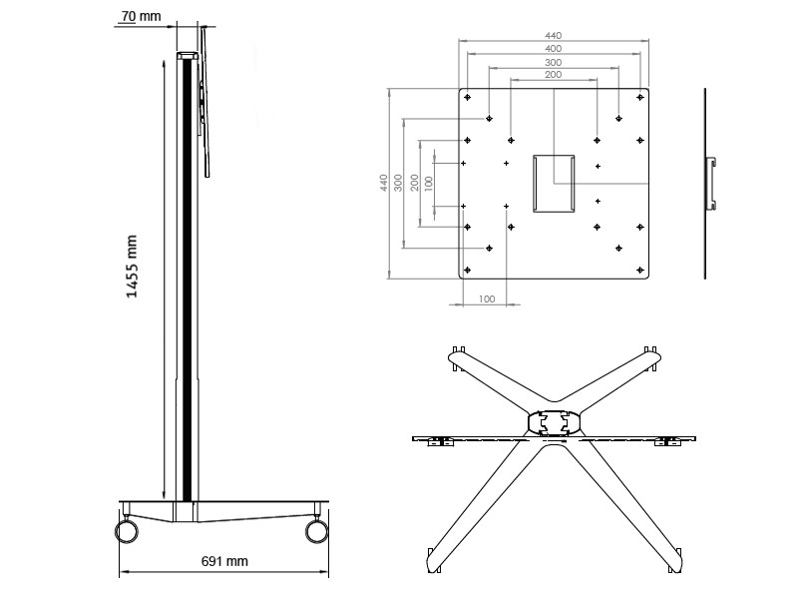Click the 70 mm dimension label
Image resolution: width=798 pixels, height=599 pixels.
140,17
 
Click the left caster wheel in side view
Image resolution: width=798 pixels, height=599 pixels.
127,530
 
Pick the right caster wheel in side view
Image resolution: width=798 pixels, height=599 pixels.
317,530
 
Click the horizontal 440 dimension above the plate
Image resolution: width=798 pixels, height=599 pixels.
553,34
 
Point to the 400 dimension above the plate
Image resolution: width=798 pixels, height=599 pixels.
553,48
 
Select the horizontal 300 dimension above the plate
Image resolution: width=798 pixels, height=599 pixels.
553,62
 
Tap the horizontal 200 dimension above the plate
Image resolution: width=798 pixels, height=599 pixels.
553,75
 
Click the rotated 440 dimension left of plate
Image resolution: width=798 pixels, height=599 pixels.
383,183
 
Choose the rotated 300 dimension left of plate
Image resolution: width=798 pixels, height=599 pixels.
398,183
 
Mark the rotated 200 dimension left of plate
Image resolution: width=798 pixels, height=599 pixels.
414,183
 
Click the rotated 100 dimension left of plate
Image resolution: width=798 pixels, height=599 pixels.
429,183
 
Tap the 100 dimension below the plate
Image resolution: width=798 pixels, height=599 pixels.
487,299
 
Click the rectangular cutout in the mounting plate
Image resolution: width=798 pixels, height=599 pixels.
554,182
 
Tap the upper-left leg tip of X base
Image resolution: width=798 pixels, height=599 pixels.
458,356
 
